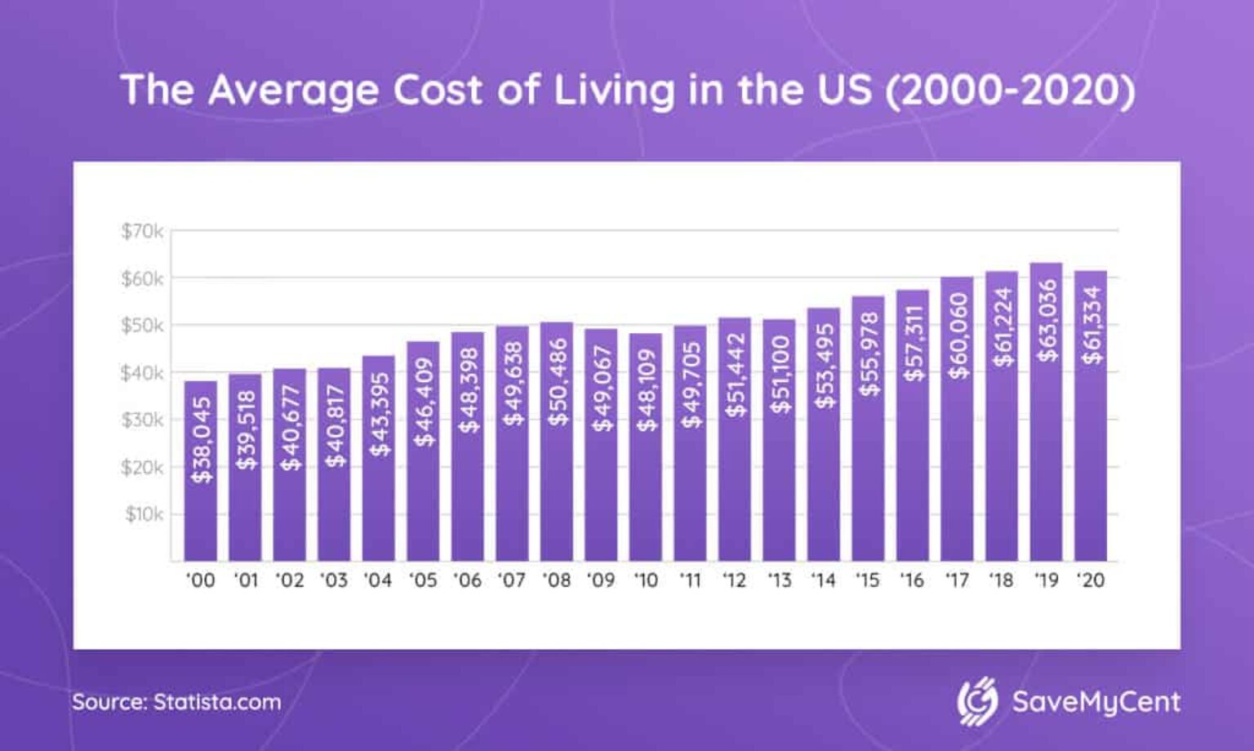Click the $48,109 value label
point(647,390)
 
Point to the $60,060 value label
point(958,336)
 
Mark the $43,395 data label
point(380,414)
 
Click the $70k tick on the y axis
point(142,231)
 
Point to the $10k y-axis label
point(144,514)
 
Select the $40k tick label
point(142,373)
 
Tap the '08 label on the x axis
point(556,580)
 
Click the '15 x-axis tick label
point(867,580)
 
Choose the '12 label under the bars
point(734,580)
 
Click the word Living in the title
point(614,90)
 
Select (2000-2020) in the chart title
point(1010,90)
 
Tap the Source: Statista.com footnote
point(176,702)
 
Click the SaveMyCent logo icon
point(977,701)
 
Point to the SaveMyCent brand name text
point(1096,702)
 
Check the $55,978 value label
point(869,354)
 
